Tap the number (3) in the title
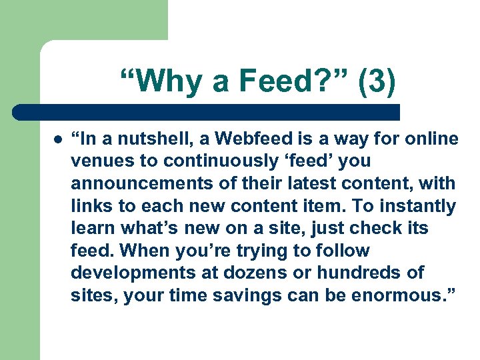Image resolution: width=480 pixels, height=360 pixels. point(377,82)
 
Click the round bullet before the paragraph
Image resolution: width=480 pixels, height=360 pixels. point(58,139)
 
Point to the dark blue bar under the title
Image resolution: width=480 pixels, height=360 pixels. point(207,112)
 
